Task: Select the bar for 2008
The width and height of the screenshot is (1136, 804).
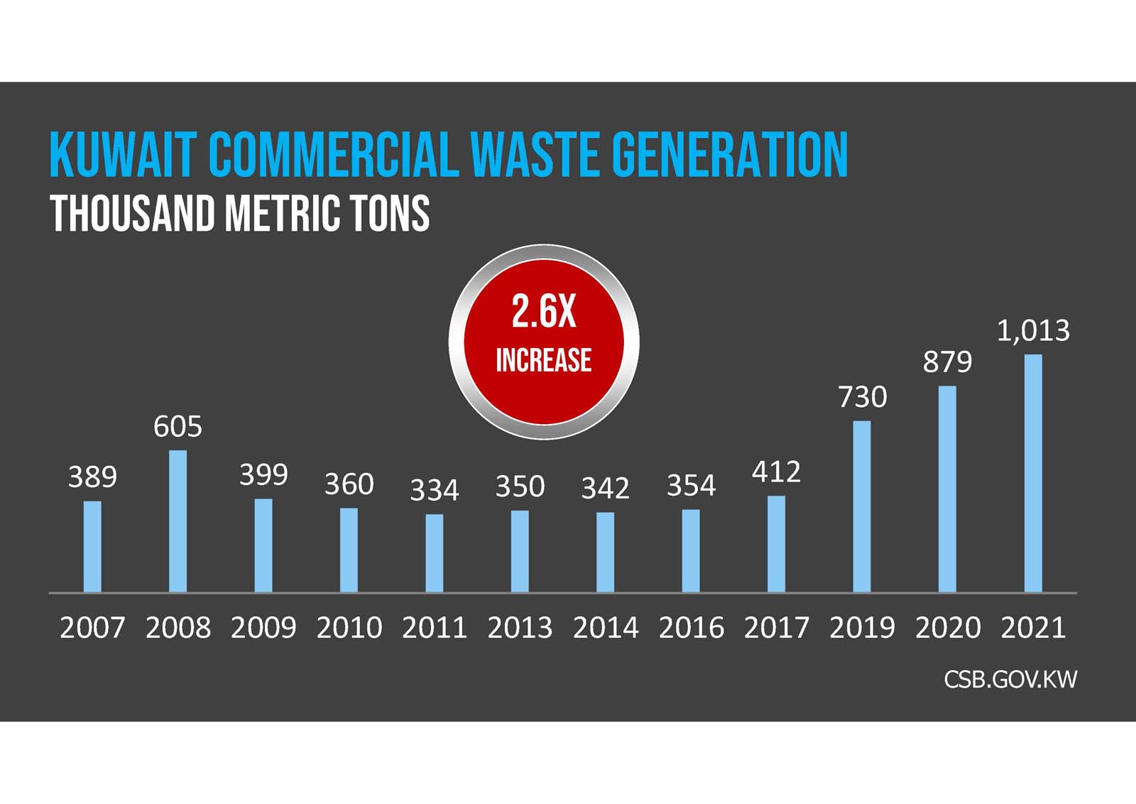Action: pos(177,521)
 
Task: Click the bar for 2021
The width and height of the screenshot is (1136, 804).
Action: pos(1033,473)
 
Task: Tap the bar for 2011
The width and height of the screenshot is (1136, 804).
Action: pos(435,553)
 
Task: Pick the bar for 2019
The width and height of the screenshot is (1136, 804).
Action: pos(862,506)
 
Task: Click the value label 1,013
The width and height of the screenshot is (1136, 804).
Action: pos(1033,331)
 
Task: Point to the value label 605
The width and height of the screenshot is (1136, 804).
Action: pos(177,427)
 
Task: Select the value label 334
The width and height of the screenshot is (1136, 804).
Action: pos(435,490)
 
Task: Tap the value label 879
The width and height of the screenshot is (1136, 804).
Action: pos(947,362)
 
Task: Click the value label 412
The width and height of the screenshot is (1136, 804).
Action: pos(776,472)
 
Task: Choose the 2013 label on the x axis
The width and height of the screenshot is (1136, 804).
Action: pos(520,628)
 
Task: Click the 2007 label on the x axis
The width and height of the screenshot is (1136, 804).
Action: pos(92,628)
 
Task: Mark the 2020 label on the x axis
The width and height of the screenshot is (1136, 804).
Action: pos(947,628)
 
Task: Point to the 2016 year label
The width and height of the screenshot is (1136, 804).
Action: pos(691,628)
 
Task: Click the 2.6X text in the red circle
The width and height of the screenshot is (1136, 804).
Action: pos(544,312)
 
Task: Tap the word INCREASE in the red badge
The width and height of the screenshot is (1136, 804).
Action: pos(544,360)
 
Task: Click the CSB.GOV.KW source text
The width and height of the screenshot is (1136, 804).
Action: pos(1010,680)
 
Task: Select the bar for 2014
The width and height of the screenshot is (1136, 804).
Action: pos(605,552)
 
